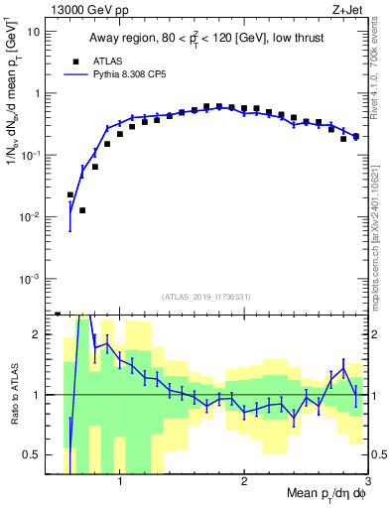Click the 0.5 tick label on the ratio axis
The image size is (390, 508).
pos(31,454)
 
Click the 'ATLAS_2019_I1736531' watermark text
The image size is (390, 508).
pos(206,297)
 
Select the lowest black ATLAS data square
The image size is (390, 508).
pos(82,210)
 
